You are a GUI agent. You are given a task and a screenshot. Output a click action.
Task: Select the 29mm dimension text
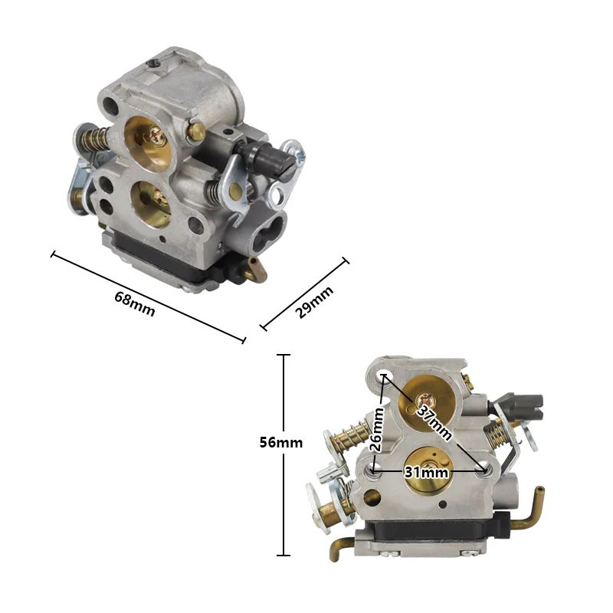coord(315,301)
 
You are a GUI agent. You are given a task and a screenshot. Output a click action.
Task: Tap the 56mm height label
coord(281,442)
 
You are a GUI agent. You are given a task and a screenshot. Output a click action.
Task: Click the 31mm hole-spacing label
coord(427,473)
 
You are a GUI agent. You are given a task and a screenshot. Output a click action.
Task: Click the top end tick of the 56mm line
coord(284,356)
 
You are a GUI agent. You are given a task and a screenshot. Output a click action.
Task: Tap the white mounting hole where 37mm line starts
coord(385,375)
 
